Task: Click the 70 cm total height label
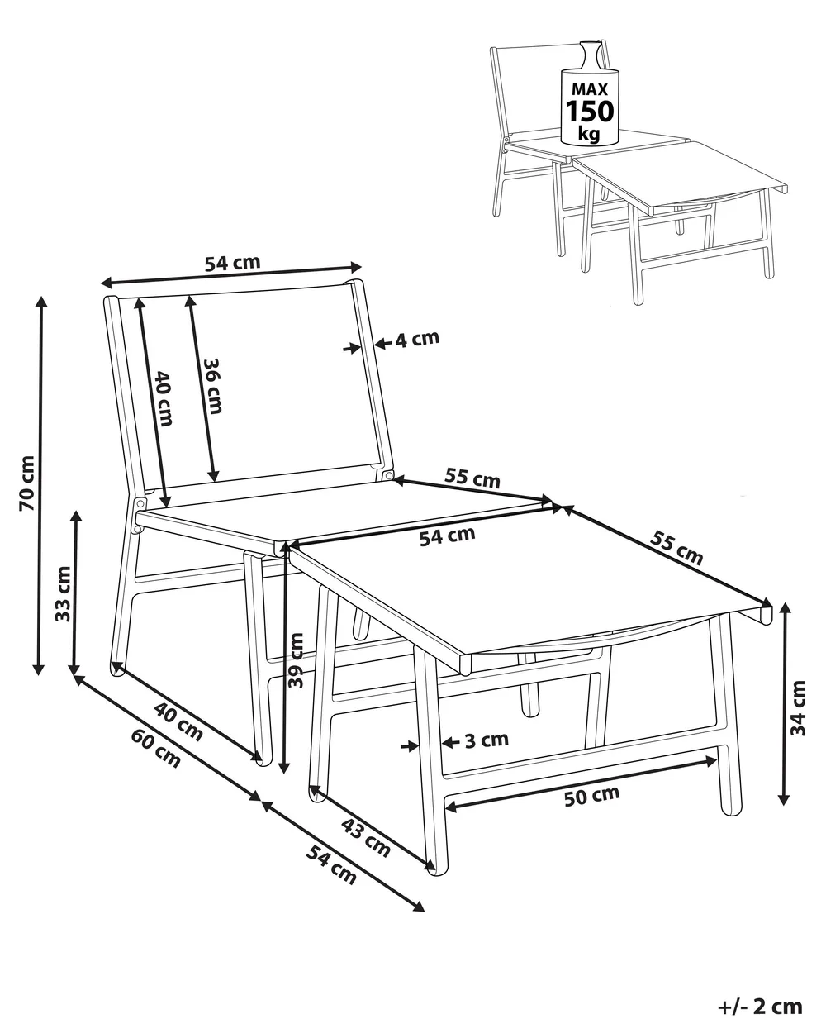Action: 27,483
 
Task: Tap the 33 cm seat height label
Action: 63,594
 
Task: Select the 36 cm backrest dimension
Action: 211,386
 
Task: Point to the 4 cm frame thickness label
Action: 417,339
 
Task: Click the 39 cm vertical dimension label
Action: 297,660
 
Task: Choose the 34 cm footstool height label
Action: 799,708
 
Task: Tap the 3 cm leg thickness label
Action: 487,740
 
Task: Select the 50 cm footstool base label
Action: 591,796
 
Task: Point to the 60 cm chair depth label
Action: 156,749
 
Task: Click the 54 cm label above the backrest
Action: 233,263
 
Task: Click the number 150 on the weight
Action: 590,112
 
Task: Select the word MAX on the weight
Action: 590,89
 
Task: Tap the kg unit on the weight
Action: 589,133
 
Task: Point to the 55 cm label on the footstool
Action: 676,548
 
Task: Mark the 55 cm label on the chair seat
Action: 472,478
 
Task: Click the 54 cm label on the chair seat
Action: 448,536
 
